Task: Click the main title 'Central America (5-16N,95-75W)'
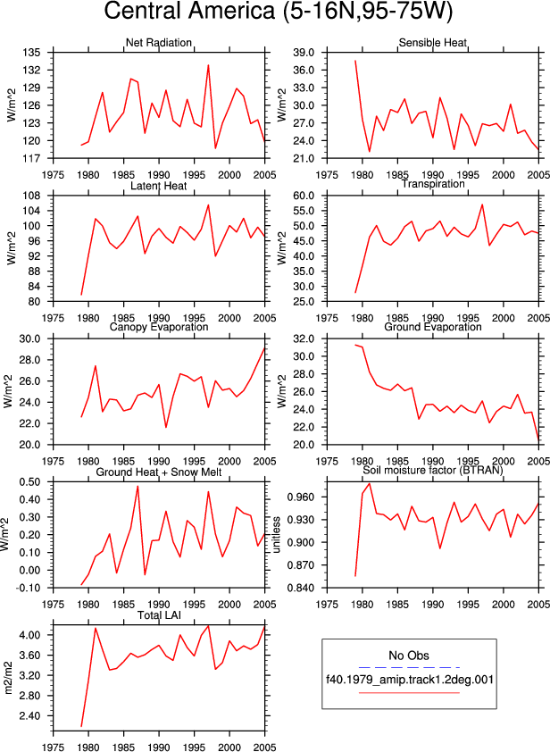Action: tap(278, 11)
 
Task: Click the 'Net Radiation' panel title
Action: tap(159, 43)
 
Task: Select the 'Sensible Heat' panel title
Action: tap(432, 43)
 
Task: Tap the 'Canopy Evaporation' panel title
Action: tap(159, 327)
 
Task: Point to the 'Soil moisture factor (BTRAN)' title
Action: tap(432, 470)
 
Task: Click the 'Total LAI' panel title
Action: tap(159, 615)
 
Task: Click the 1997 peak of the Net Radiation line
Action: tap(208, 65)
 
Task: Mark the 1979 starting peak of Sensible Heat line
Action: tap(355, 61)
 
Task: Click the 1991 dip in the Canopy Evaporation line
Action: tap(166, 427)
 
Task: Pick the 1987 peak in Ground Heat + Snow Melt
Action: tap(137, 487)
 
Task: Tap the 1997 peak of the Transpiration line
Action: tap(482, 205)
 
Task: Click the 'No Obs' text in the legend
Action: tap(409, 656)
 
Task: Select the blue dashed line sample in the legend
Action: tap(409, 667)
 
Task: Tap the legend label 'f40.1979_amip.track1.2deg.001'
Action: tap(410, 680)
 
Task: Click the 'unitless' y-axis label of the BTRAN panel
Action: tap(277, 535)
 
